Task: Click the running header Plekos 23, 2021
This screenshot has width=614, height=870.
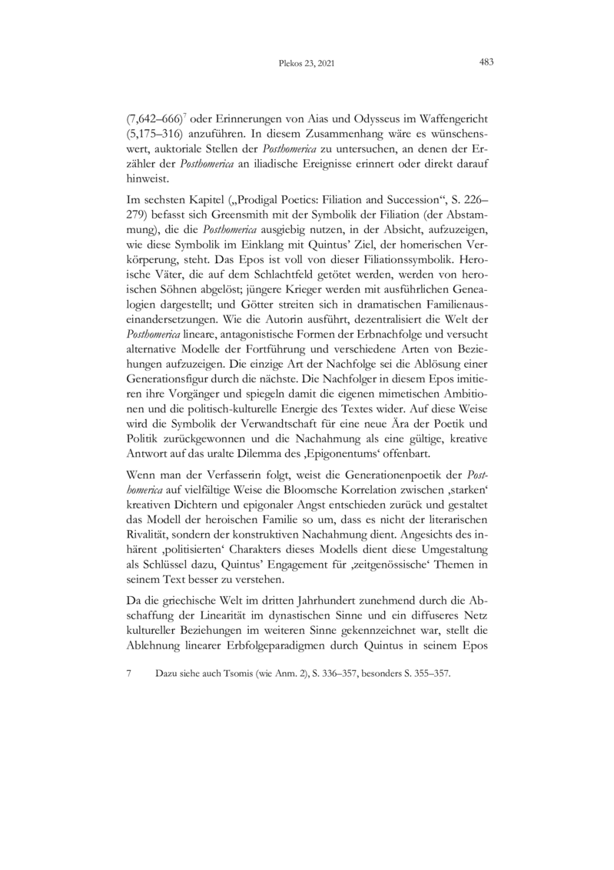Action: tap(307, 65)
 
